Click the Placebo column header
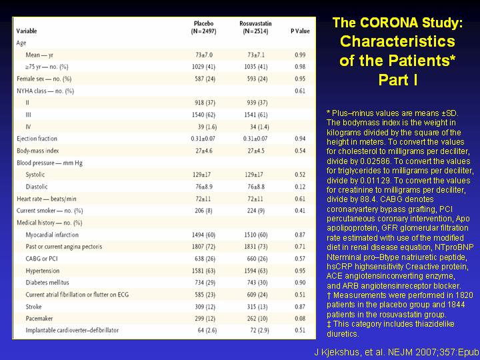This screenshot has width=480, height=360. pos(203,27)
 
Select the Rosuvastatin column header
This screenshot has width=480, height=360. pos(255,27)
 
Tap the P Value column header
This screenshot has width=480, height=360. pos(300,31)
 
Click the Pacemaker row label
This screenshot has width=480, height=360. pos(39,319)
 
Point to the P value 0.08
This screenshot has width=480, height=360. pos(300,319)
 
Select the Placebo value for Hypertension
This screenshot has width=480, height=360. pos(203,271)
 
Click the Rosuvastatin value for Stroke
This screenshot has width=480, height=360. pos(257,307)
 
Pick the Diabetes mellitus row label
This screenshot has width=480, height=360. pos(47,283)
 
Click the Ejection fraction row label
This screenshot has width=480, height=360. pos(37,139)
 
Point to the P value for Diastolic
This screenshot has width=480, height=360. pos(300,187)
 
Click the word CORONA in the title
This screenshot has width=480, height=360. pos(389,23)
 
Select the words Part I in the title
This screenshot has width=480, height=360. pos(398,80)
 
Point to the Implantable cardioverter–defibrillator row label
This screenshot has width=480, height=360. pos(72,330)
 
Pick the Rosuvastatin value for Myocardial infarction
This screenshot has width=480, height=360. pos(256,235)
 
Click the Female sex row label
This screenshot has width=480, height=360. pos(44,79)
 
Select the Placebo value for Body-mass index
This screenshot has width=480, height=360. pos(204,151)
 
